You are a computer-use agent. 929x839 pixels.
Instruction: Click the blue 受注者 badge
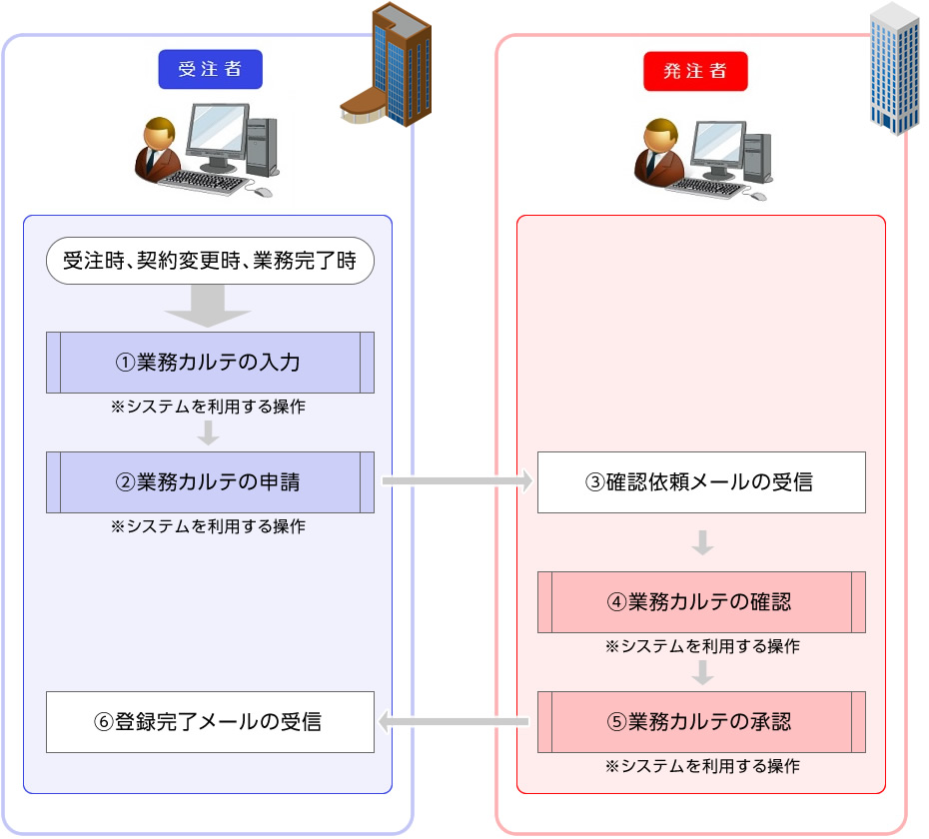click(210, 70)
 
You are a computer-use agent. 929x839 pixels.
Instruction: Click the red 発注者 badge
click(695, 71)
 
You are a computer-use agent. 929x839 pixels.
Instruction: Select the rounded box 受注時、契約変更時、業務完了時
click(210, 263)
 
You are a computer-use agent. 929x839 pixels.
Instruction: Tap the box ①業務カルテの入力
click(210, 362)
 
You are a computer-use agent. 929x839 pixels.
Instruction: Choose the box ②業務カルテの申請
click(210, 481)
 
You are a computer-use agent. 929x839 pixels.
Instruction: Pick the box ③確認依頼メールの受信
click(701, 482)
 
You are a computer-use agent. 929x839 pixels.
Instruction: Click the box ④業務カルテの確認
click(701, 602)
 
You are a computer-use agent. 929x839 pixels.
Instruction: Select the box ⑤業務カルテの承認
click(701, 721)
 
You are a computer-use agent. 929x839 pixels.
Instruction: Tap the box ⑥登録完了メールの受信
click(210, 721)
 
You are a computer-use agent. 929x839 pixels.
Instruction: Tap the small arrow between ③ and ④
click(702, 543)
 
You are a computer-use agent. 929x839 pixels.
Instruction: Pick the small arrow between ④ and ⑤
click(702, 672)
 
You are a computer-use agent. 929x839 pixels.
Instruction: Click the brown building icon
click(390, 70)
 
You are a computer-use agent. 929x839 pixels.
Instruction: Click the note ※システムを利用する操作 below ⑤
click(702, 766)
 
